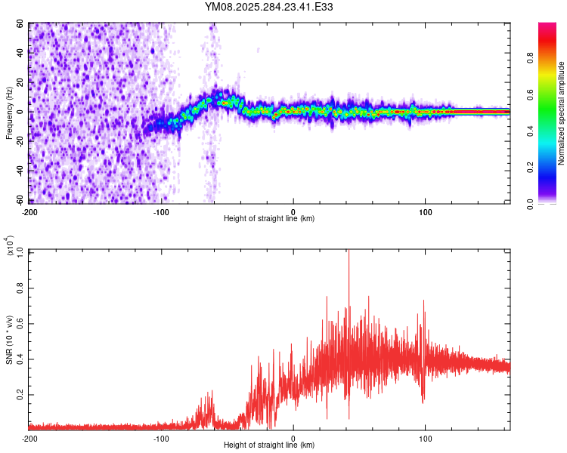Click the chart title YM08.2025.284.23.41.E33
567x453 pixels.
(x=269, y=8)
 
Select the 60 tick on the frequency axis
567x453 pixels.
(x=20, y=24)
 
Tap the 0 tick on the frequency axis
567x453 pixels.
(x=23, y=112)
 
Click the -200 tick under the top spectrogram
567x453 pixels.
(x=30, y=210)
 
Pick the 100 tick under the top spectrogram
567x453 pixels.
(x=425, y=210)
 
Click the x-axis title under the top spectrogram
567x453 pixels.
(x=269, y=219)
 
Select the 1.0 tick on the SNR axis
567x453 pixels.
(x=20, y=251)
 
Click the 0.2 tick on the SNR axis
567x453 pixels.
(x=20, y=395)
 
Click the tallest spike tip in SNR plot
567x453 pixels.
(x=349, y=252)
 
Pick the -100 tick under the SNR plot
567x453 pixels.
(x=161, y=438)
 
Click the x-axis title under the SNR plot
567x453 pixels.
(x=269, y=447)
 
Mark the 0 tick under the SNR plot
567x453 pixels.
(x=293, y=438)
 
